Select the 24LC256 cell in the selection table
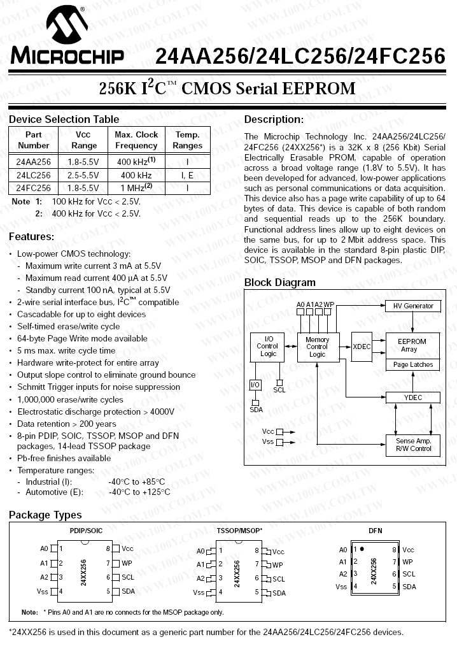34,175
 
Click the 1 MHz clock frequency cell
136,188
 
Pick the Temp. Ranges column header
187,140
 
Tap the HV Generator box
412,306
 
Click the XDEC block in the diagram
362,347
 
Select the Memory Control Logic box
317,347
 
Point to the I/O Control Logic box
267,347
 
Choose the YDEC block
412,397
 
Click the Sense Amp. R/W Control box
412,445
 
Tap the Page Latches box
412,365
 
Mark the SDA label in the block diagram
256,410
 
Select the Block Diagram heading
279,282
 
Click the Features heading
31,237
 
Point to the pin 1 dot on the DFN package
362,548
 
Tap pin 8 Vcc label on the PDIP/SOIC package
127,548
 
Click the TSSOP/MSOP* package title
239,530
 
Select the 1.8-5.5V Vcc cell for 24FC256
84,188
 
